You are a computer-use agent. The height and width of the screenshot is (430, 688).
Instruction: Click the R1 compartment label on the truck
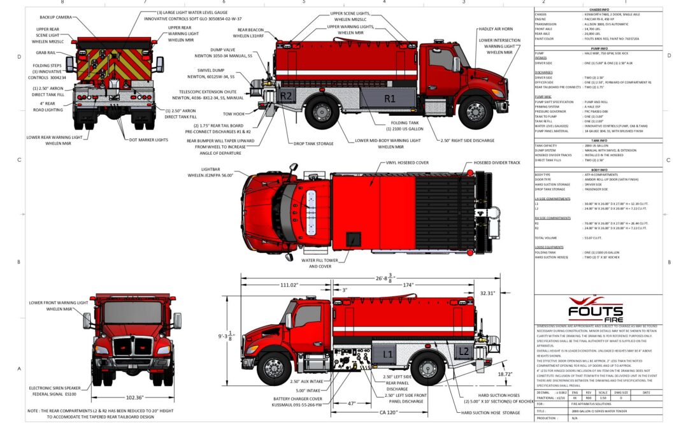(389, 98)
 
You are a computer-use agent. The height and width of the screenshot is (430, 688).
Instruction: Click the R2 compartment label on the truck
(286, 96)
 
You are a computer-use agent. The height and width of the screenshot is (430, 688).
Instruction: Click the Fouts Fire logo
(596, 310)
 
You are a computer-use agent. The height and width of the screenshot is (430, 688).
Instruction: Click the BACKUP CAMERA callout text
(55, 17)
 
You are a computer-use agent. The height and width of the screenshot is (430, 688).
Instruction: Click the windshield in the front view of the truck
(133, 313)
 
